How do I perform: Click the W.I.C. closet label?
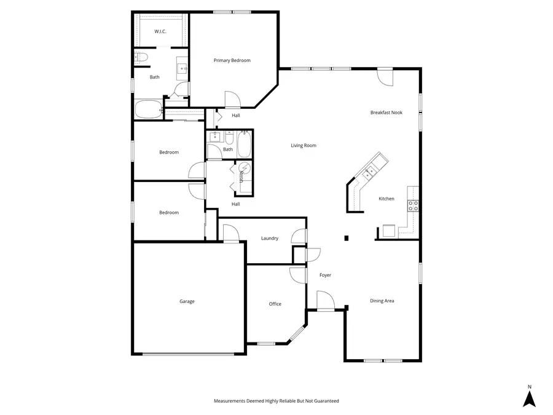pos(160,31)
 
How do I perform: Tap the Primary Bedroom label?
pos(232,60)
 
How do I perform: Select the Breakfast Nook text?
pos(386,113)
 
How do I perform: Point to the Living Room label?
pos(304,146)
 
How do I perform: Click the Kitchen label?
pos(386,199)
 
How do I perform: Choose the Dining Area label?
pos(382,301)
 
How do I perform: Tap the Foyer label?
pos(325,275)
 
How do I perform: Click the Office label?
pos(275,304)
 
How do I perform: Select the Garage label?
pos(187,301)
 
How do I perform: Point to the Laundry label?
pos(270,239)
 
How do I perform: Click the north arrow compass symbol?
pos(529,398)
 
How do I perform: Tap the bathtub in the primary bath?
pos(148,110)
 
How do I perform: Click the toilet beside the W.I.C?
pos(142,58)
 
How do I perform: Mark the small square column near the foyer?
pos(347,238)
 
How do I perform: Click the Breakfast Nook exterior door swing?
pos(385,78)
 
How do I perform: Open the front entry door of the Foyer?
pos(324,301)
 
